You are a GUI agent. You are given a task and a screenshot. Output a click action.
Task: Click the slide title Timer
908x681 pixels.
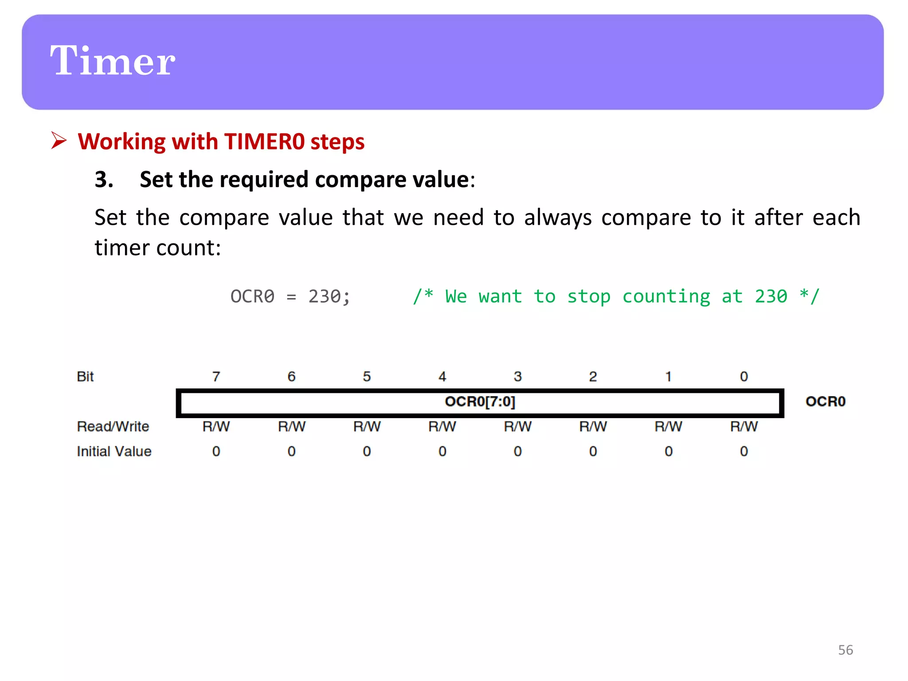pos(113,61)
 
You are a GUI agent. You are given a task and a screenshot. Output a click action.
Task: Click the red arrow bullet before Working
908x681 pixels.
pos(59,141)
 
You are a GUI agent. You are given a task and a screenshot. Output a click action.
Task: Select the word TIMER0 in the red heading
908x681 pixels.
pos(264,142)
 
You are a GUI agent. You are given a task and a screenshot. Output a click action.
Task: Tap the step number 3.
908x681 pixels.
pos(104,180)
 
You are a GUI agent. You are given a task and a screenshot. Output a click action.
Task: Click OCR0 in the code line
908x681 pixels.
pos(252,297)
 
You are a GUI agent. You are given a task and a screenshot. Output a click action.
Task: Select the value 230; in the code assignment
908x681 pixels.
pos(329,297)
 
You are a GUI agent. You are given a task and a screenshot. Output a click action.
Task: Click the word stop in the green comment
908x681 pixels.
pos(588,297)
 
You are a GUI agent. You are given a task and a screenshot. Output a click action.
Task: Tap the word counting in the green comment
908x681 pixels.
pos(666,297)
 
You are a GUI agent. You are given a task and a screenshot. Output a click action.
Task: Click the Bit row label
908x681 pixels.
pos(85,376)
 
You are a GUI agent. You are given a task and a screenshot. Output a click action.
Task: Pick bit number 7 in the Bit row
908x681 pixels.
pos(216,376)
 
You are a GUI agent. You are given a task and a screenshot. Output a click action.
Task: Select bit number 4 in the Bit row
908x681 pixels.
pos(442,376)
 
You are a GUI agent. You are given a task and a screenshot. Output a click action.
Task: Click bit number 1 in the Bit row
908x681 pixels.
pos(668,376)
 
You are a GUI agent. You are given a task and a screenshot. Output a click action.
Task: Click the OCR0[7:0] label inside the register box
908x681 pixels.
pos(480,402)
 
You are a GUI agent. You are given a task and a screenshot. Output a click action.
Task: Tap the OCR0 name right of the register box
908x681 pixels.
pos(825,402)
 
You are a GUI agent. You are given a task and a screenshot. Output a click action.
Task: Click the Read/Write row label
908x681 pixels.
pos(113,427)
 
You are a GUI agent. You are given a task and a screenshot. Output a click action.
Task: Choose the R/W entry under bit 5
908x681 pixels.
pos(367,427)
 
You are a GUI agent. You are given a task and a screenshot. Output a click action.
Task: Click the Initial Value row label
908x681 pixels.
pos(114,451)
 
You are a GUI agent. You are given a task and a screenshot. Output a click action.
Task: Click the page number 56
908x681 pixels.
pos(845,650)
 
